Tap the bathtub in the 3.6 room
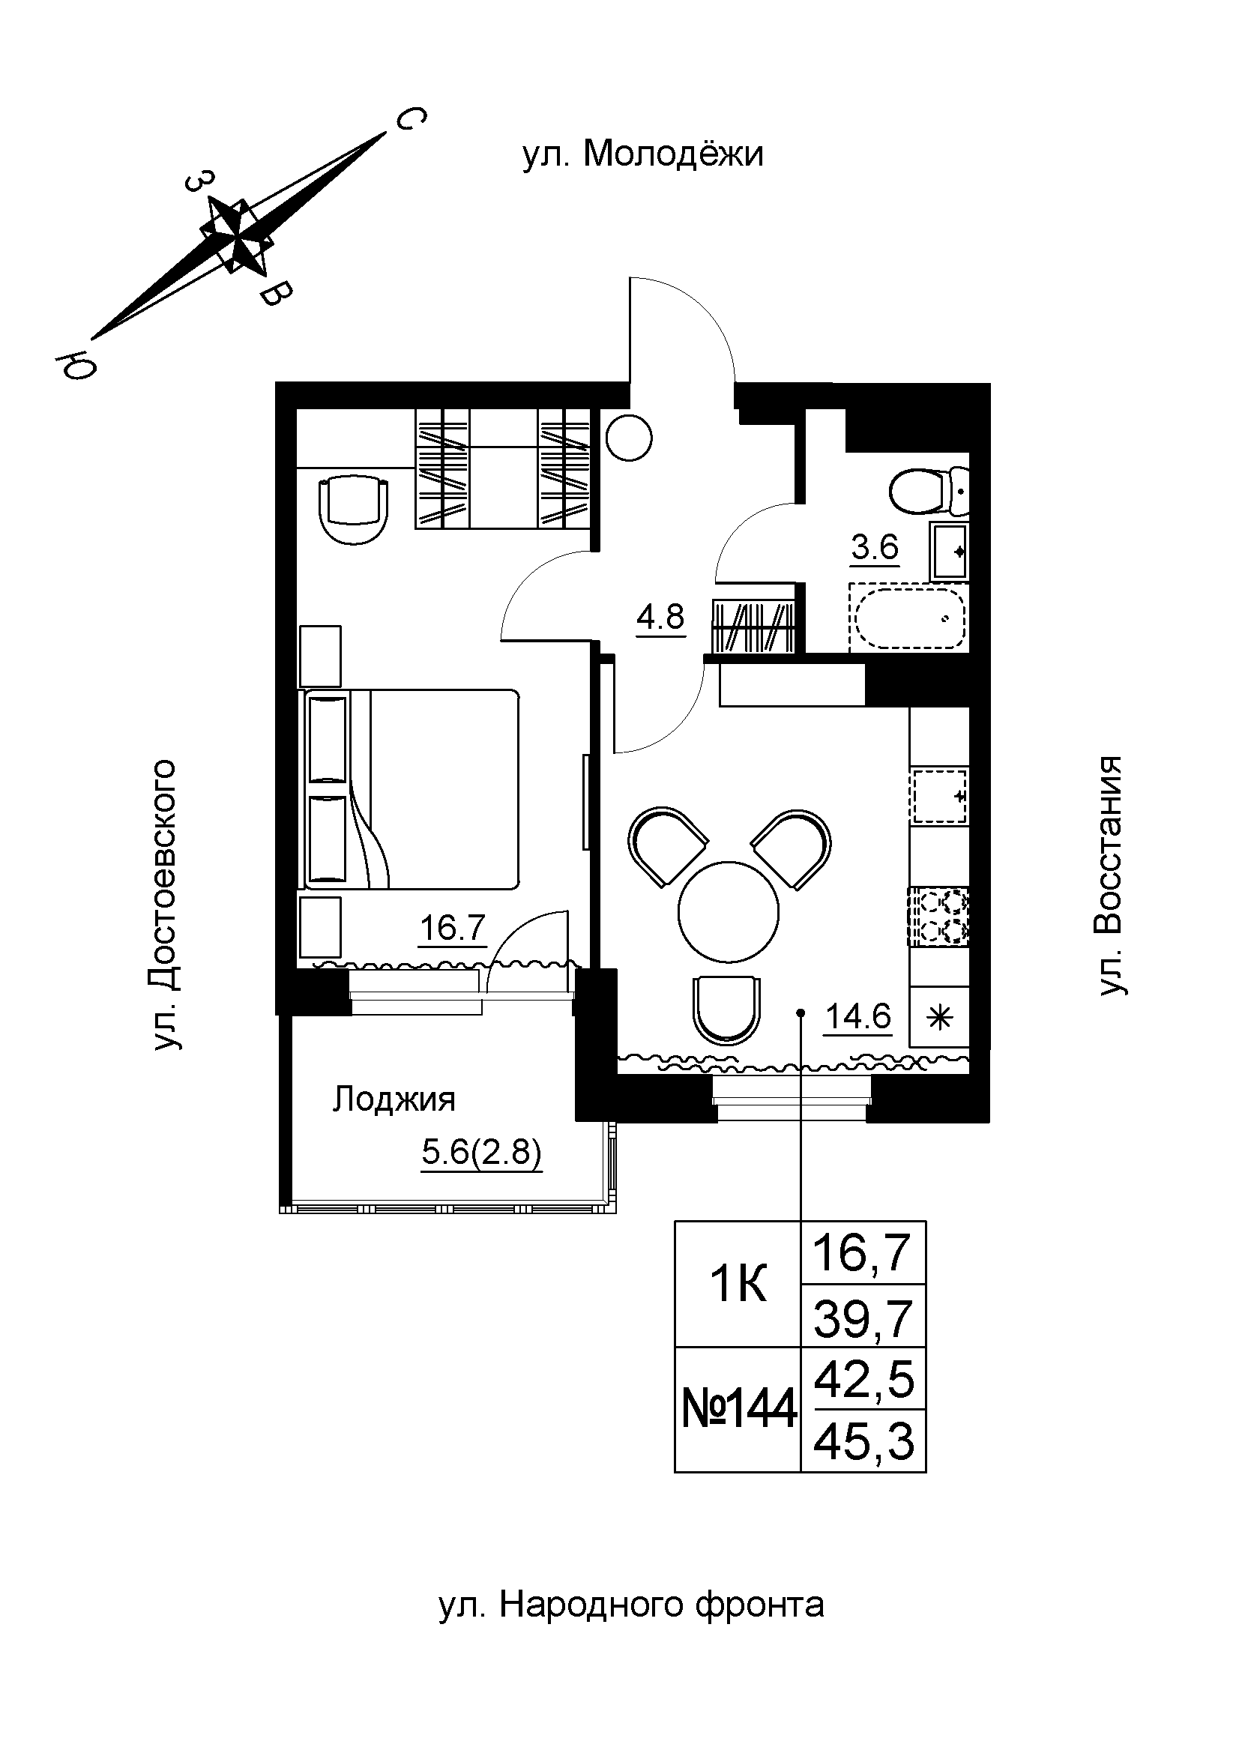pos(908,619)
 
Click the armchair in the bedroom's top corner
pos(353,507)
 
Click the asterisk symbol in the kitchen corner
pos(940,1017)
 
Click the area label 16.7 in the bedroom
pos(453,928)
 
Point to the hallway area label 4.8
pos(661,616)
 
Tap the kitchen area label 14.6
pos(858,1016)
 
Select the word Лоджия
pos(394,1099)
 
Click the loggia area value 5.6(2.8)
pos(482,1152)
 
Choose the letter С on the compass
pos(410,119)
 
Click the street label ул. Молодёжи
pos(642,155)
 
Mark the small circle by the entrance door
pos(628,438)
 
